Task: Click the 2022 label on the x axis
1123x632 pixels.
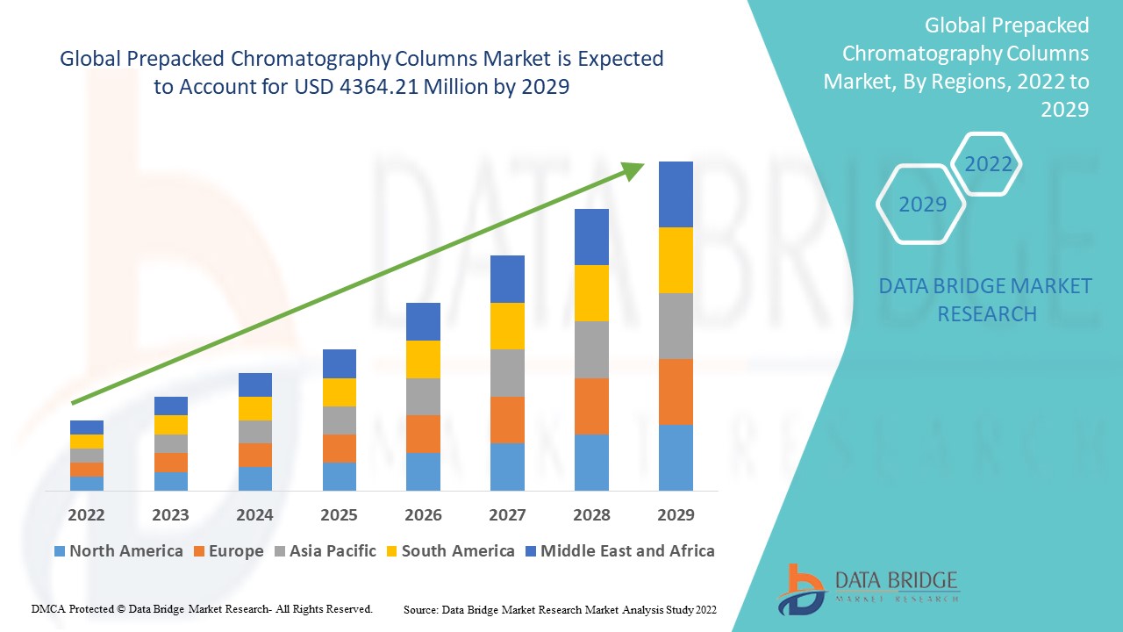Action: point(86,514)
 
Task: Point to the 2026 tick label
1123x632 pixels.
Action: point(423,514)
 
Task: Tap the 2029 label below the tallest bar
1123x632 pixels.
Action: point(676,514)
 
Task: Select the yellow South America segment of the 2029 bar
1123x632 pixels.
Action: point(676,260)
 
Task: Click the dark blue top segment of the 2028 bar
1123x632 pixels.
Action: point(591,237)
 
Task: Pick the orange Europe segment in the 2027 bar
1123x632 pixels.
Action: point(507,420)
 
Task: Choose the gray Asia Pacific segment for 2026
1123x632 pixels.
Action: point(423,397)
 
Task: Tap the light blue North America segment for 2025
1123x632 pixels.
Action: point(339,476)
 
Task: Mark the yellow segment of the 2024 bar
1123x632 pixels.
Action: point(254,408)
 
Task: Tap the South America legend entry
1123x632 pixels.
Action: point(449,551)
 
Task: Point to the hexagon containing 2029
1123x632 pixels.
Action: point(921,204)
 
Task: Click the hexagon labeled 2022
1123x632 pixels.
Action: point(987,164)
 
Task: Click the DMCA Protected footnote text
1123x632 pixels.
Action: point(202,608)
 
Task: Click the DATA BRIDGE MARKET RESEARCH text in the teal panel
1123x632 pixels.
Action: point(985,299)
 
